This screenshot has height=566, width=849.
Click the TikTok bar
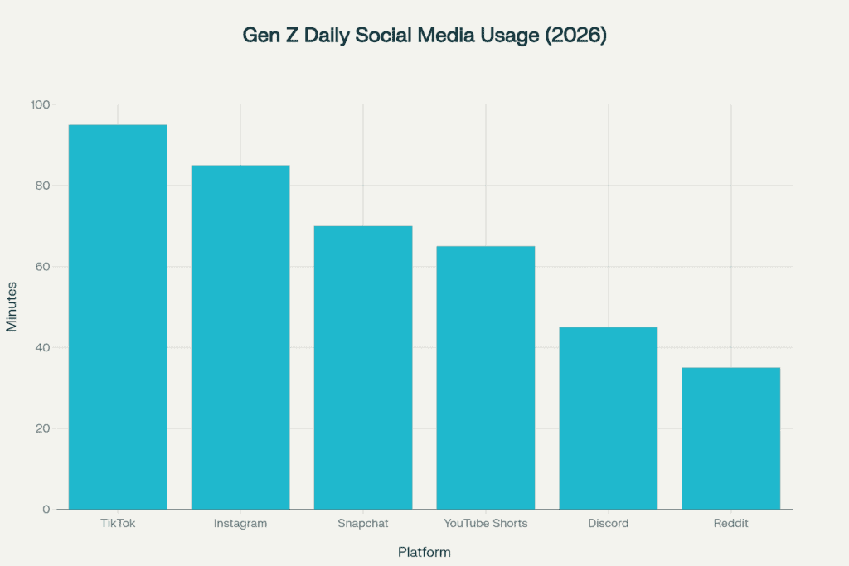[118, 317]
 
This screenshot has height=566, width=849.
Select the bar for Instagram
[240, 337]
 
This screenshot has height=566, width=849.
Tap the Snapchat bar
[363, 367]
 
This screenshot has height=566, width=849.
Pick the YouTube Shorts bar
[486, 377]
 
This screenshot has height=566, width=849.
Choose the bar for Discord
[609, 418]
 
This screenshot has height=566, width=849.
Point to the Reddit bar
[731, 438]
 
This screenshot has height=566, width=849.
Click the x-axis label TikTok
[118, 524]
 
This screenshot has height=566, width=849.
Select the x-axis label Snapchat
[363, 524]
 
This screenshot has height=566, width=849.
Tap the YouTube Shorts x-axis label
[486, 524]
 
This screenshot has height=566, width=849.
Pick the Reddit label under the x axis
[731, 524]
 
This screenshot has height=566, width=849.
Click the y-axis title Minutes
[12, 307]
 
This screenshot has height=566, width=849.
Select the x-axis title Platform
[424, 552]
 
